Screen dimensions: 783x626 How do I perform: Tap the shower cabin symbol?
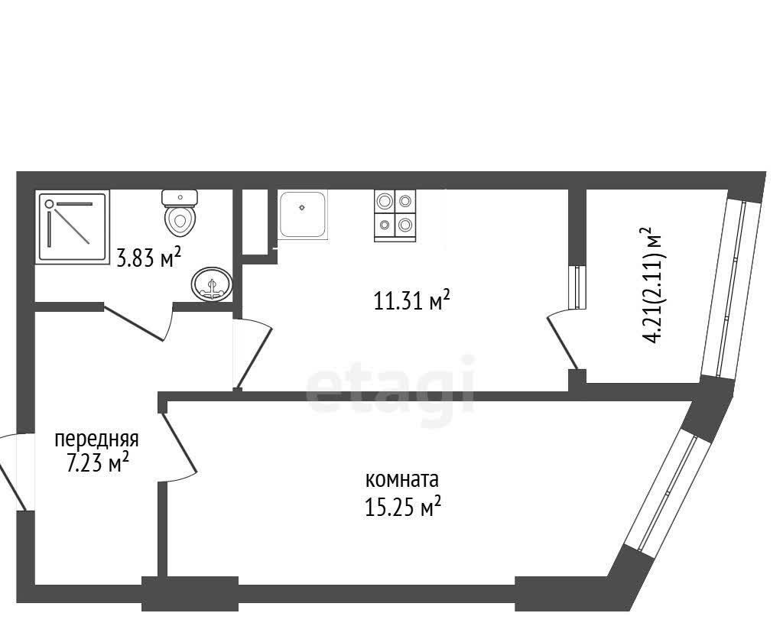tap(73, 227)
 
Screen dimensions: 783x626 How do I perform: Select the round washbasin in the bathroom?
tap(212, 284)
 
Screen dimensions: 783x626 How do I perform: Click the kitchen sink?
tap(303, 215)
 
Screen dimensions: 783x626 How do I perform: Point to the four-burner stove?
tap(395, 216)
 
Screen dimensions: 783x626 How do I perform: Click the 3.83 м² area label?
tap(148, 258)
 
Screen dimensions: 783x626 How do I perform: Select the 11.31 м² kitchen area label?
tap(412, 300)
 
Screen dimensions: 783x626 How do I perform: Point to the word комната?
tap(402, 479)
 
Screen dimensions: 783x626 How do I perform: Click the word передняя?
tap(96, 439)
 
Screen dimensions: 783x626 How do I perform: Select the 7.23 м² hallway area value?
tap(98, 463)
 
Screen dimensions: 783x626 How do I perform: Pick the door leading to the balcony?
tap(563, 343)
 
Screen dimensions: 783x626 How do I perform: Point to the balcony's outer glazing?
tap(730, 288)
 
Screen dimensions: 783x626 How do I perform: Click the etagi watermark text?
tap(390, 384)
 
